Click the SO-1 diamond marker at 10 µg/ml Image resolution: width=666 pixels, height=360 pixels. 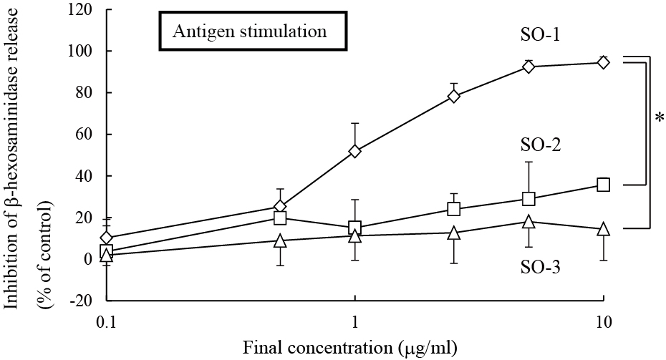point(603,62)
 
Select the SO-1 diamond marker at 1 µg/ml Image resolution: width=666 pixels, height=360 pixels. point(355,151)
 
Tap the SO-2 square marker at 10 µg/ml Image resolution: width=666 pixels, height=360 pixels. point(603,185)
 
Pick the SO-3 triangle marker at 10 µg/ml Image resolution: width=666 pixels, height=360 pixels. point(603,229)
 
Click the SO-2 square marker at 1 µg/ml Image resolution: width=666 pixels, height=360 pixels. point(355,228)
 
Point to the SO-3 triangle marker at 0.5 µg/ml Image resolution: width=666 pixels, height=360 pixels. point(281,240)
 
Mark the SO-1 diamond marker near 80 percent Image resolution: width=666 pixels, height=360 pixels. point(454,96)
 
